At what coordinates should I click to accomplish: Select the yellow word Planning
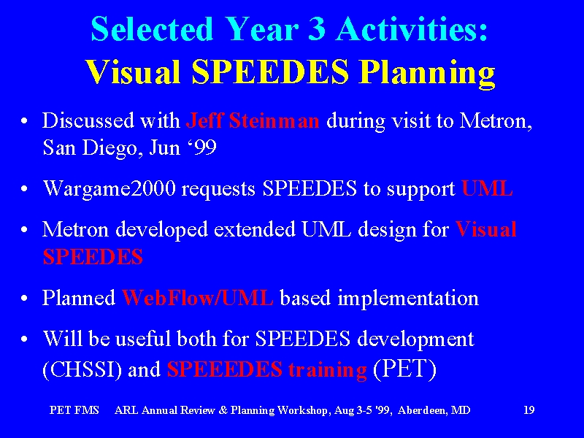click(428, 73)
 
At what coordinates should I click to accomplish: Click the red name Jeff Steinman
click(253, 120)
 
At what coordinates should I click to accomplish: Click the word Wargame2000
click(109, 189)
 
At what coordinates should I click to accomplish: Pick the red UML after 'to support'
click(487, 188)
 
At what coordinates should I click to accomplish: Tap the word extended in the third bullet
click(255, 229)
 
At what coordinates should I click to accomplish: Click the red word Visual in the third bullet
click(486, 229)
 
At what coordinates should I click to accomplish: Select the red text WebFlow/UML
click(197, 298)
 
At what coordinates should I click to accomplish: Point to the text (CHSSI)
click(82, 369)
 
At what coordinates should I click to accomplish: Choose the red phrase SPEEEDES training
click(266, 370)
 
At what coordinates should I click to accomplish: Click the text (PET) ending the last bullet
click(404, 369)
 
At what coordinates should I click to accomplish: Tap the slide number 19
click(529, 410)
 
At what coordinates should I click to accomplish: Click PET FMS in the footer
click(74, 410)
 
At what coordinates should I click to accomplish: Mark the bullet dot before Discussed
click(24, 121)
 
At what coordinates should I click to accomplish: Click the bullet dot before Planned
click(24, 299)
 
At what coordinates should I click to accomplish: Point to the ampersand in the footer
click(223, 410)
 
